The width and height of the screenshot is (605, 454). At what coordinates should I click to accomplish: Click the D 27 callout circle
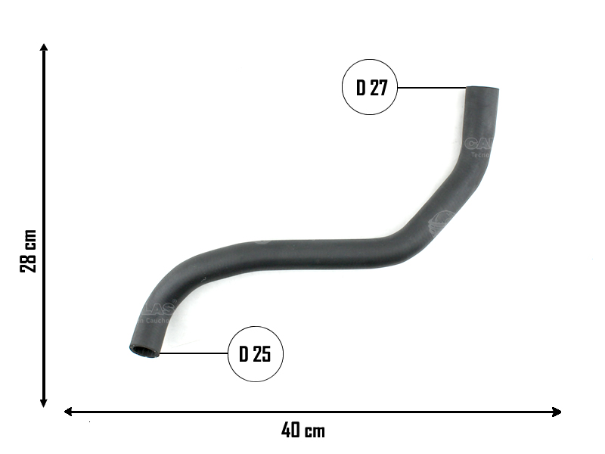(x=371, y=87)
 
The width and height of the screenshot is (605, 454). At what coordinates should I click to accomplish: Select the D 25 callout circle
(x=256, y=353)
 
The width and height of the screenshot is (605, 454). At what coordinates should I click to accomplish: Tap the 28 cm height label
(x=29, y=253)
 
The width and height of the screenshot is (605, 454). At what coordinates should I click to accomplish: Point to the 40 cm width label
(x=303, y=431)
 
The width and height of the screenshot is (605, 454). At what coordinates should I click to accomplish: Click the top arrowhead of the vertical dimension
(x=45, y=47)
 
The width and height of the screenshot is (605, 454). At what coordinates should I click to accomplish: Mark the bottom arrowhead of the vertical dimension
(x=45, y=403)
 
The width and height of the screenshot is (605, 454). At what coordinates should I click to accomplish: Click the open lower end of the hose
(x=144, y=350)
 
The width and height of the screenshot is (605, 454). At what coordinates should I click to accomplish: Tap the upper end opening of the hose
(x=482, y=90)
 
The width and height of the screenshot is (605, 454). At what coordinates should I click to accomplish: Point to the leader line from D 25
(x=194, y=353)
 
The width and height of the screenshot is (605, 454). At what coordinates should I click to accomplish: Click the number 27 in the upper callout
(x=379, y=88)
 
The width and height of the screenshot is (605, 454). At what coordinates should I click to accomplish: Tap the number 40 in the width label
(x=291, y=431)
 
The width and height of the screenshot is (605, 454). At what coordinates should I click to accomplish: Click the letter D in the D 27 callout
(x=361, y=88)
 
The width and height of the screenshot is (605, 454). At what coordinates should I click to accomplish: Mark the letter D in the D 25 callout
(x=244, y=354)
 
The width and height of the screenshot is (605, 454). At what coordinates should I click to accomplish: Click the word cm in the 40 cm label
(x=315, y=432)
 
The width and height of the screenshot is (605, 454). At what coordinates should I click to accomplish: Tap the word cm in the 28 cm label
(x=29, y=240)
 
